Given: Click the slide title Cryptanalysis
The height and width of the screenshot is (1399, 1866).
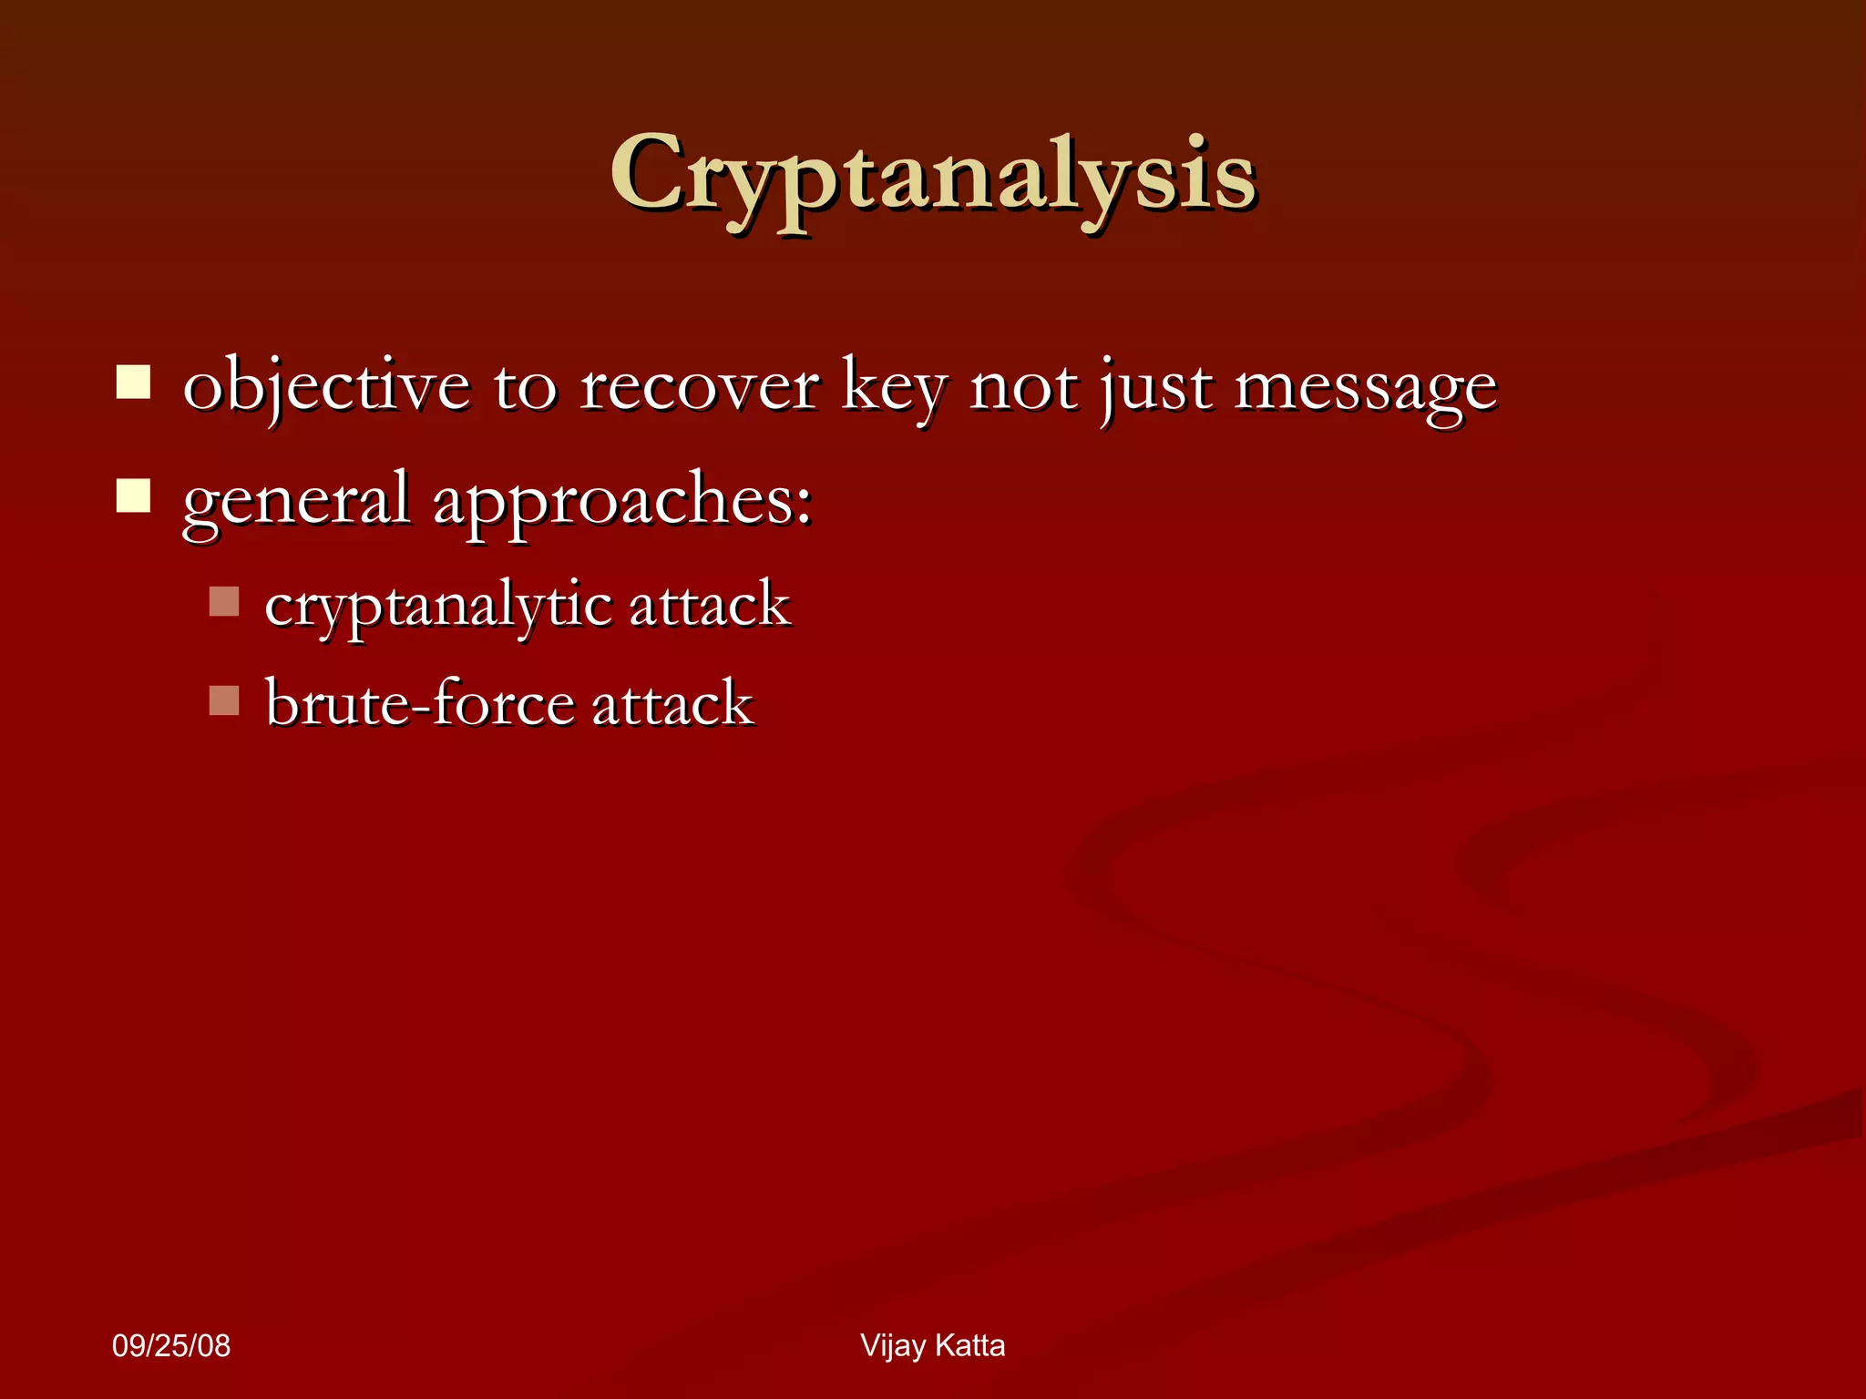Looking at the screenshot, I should pos(933,175).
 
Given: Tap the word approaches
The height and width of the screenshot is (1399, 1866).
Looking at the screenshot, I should pos(621,501).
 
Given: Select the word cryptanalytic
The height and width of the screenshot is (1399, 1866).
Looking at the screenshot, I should pos(438,606).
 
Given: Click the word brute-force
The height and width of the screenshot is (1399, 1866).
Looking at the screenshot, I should pos(419,703).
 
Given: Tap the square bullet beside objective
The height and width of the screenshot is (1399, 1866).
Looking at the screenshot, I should pos(133,383).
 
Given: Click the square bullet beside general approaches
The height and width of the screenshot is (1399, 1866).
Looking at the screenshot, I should pos(133,496).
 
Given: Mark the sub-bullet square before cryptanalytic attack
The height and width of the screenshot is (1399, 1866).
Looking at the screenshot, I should pos(223,601).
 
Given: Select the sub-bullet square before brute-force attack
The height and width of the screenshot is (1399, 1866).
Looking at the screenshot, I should pos(223,699).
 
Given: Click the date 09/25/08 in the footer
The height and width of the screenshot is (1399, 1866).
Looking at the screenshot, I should pos(171,1346).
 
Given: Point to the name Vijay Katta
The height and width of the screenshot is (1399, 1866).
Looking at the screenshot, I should pos(932,1346).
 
